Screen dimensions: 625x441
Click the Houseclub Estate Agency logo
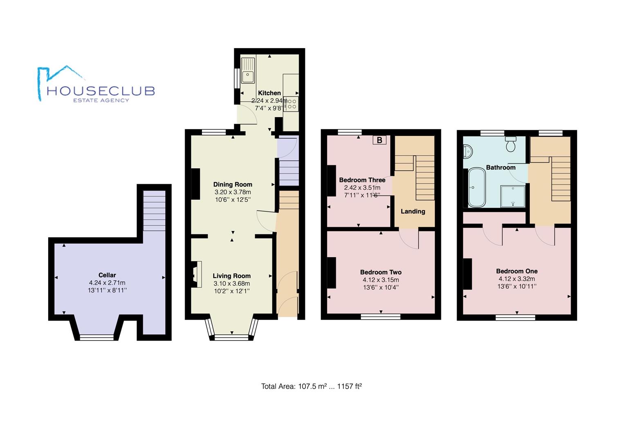[96, 84]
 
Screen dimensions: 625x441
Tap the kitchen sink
[248, 71]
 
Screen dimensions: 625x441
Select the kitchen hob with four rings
[291, 104]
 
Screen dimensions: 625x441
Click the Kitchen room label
[269, 93]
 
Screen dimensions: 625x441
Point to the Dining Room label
[233, 184]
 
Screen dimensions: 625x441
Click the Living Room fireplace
[196, 274]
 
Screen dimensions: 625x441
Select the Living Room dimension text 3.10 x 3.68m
[232, 283]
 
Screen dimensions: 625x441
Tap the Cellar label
[107, 275]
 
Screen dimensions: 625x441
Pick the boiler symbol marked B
[379, 140]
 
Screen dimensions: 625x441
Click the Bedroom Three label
[362, 180]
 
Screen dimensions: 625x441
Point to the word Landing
[413, 211]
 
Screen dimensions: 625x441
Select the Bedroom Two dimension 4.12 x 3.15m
[381, 280]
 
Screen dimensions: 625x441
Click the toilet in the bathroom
[511, 144]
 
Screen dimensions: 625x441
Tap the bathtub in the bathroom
[477, 187]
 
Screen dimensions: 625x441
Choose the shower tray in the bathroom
[513, 196]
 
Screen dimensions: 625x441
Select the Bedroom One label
[517, 271]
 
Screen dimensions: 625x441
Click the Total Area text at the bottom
[311, 386]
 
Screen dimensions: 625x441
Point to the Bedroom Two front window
[381, 316]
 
